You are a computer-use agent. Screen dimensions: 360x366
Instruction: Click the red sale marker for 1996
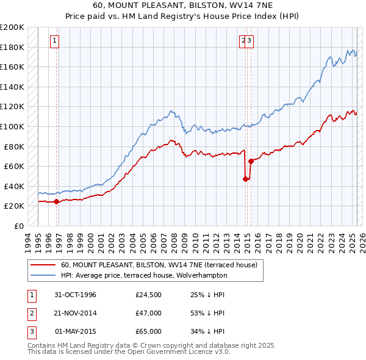(57, 201)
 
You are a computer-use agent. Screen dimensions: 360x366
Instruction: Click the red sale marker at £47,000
(246, 179)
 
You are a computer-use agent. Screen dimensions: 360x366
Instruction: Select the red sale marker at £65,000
(251, 161)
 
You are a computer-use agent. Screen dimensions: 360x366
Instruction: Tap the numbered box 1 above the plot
(55, 41)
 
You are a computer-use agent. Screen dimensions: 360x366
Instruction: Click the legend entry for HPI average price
(143, 275)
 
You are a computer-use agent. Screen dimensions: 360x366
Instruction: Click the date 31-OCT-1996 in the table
(76, 295)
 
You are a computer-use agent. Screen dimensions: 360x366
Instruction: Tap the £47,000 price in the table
(148, 313)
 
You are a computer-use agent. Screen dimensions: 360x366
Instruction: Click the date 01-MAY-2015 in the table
(76, 331)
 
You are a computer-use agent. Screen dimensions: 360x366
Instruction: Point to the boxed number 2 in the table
(30, 313)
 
